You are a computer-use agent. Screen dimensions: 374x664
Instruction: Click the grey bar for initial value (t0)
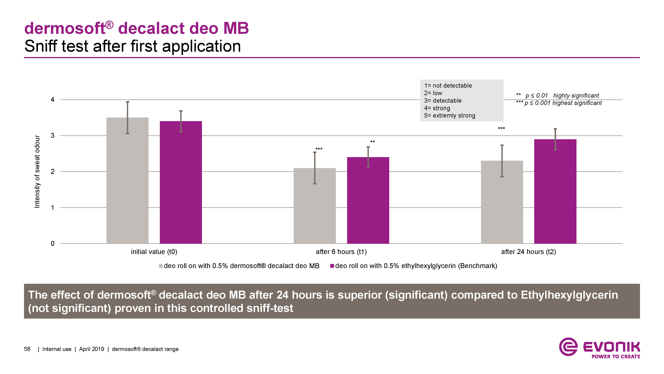pyautogui.click(x=127, y=181)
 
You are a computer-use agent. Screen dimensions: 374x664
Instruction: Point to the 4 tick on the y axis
pyautogui.click(x=53, y=100)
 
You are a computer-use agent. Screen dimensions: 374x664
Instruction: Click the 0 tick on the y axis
pyautogui.click(x=53, y=243)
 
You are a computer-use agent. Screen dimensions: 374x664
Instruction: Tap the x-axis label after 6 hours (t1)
pyautogui.click(x=341, y=252)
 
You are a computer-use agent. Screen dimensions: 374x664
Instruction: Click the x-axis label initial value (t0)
pyautogui.click(x=154, y=252)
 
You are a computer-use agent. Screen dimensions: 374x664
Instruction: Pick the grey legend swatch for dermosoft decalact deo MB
pyautogui.click(x=161, y=266)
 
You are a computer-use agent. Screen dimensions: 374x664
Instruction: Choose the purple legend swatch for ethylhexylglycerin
pyautogui.click(x=332, y=266)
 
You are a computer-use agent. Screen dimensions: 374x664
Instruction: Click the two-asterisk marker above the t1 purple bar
pyautogui.click(x=372, y=142)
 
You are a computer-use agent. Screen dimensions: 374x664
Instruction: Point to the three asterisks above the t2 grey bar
pyautogui.click(x=501, y=128)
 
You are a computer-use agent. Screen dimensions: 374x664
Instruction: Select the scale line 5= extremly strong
pyautogui.click(x=449, y=116)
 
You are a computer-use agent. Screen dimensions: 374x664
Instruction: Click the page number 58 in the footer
pyautogui.click(x=27, y=349)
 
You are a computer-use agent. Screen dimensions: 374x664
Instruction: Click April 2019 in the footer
pyautogui.click(x=91, y=349)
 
